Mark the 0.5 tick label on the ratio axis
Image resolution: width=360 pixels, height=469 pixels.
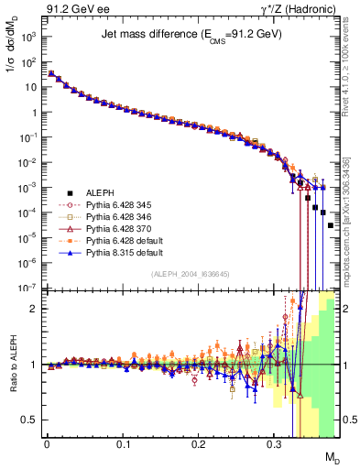29,420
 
